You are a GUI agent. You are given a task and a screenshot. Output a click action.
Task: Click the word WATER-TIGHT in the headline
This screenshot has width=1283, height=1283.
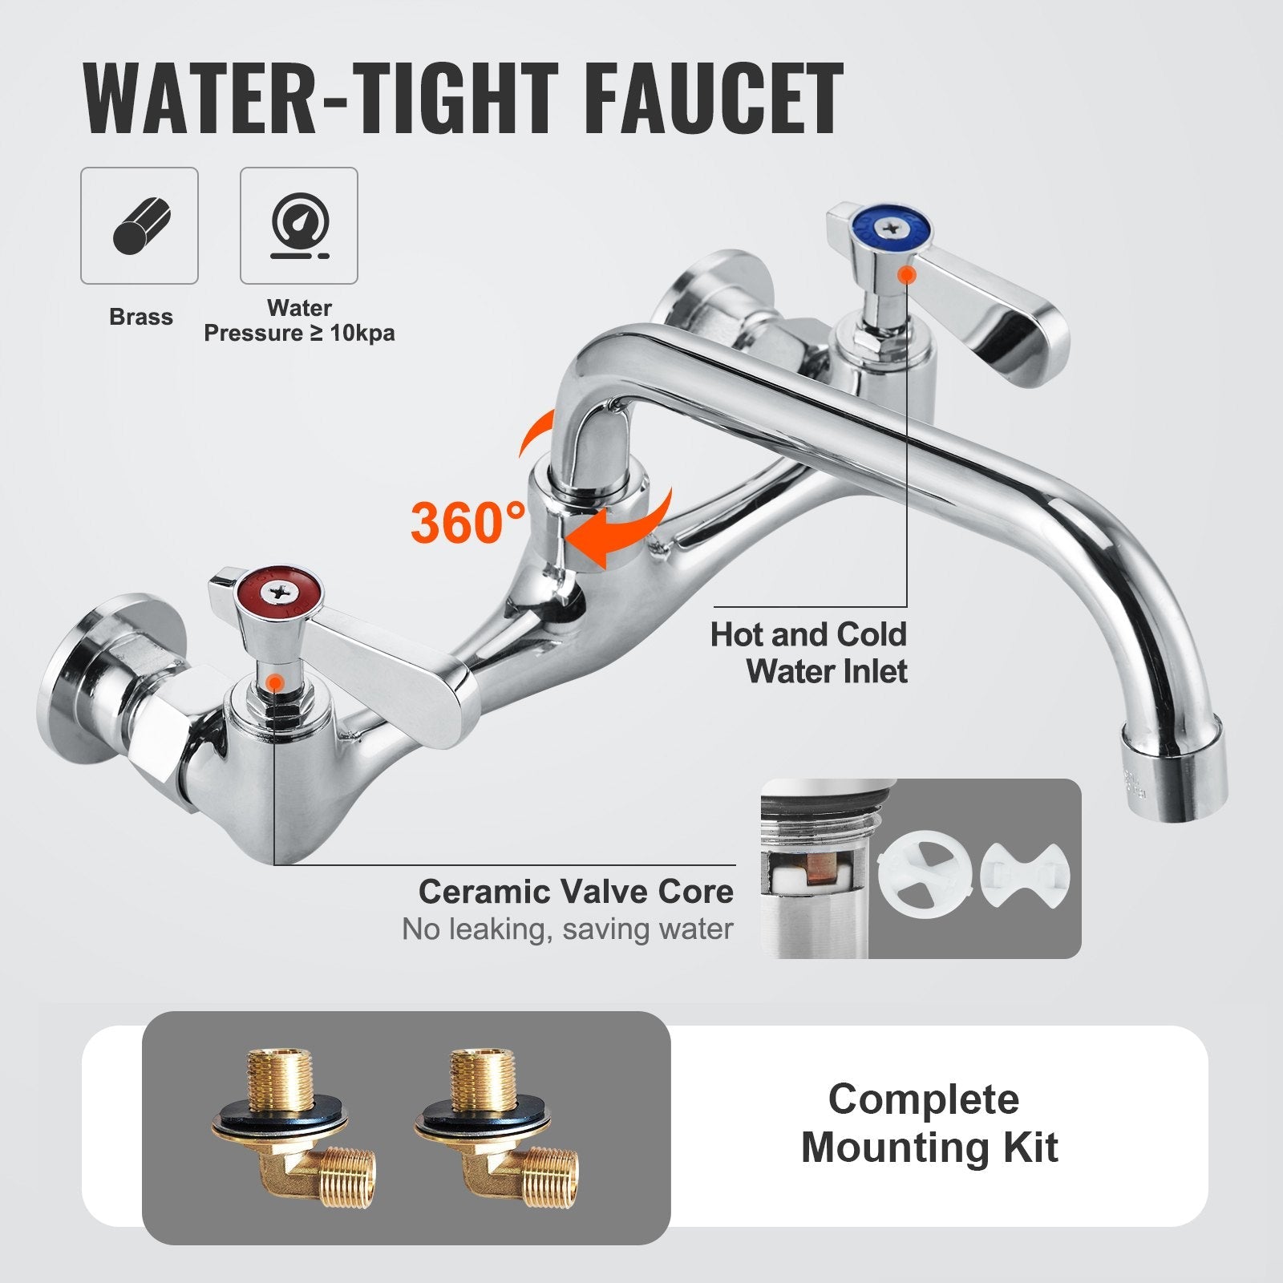pos(321,99)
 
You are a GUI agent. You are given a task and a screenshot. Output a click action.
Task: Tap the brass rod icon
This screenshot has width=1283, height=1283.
pos(140,225)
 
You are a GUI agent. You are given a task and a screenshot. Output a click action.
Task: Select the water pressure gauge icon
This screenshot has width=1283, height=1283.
pos(299,225)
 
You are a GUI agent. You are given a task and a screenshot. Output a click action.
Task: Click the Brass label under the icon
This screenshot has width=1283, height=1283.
pos(141,317)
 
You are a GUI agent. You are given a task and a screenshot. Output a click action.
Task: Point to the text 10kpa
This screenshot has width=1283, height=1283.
pos(362,333)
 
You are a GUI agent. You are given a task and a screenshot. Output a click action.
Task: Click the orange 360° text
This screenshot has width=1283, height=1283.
pos(468,522)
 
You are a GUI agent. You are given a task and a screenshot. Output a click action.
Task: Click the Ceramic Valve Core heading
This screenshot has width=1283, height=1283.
pos(576,892)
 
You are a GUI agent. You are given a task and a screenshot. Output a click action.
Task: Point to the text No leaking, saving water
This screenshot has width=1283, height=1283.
pos(568,929)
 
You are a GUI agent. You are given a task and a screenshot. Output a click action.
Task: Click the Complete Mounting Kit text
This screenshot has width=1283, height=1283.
pos(929,1123)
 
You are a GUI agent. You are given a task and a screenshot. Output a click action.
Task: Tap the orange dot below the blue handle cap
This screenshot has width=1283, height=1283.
pos(907,275)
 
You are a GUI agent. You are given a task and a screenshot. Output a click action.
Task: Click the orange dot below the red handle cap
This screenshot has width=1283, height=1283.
pos(274,682)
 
